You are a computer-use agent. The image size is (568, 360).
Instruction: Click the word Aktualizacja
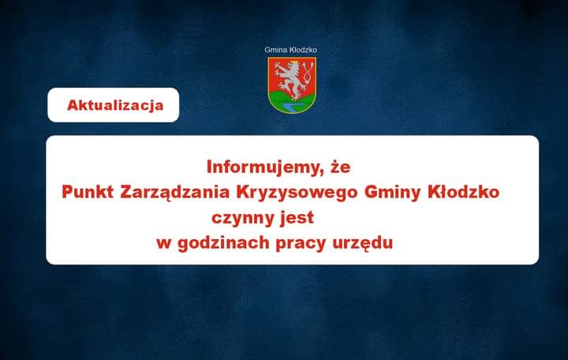115,106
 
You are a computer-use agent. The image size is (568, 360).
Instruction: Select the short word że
341,167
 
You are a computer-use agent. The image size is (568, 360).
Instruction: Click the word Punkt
88,192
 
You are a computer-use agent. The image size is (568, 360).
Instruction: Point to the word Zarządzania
175,193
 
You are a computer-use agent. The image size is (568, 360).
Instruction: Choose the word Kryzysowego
297,193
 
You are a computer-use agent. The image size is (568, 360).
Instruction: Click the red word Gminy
393,193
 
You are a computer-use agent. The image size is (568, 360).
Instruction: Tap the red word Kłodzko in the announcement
464,192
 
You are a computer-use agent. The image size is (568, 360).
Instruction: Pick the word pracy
301,244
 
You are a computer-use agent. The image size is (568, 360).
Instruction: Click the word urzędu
363,243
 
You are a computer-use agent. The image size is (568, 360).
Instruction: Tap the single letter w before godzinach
164,244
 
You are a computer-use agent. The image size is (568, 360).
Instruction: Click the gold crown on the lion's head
294,62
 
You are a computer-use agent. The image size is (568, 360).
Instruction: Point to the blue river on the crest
293,107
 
